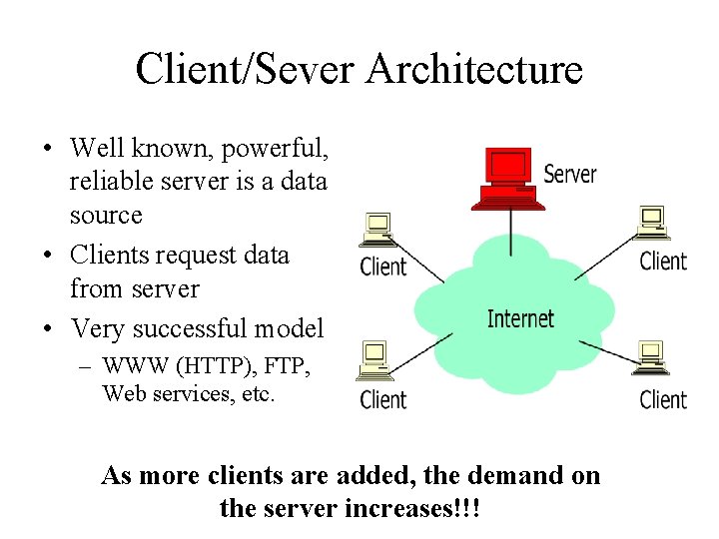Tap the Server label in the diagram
(570, 174)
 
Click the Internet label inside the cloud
(520, 318)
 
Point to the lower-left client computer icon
(376, 361)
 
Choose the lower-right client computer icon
(649, 360)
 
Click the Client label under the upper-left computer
(382, 267)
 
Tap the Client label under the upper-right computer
(663, 262)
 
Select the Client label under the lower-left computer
(382, 400)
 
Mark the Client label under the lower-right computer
(663, 399)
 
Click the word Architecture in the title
(474, 69)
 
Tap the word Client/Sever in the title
(247, 69)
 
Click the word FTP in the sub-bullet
(289, 367)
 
